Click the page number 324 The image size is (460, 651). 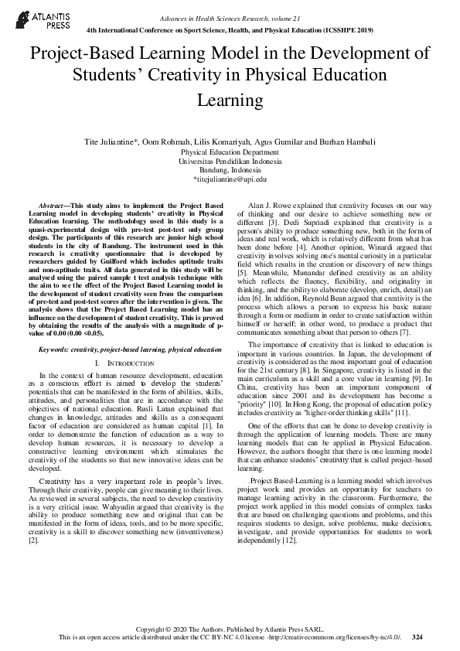click(x=417, y=637)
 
